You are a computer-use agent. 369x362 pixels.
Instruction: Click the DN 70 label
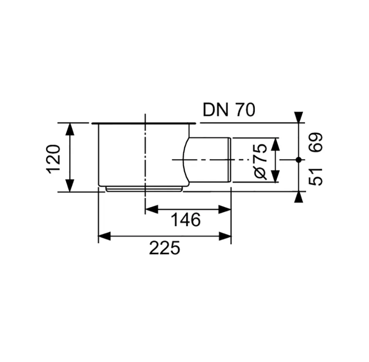[x=229, y=110]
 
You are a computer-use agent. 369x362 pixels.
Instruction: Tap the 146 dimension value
[x=186, y=220]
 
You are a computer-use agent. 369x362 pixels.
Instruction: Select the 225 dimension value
[x=165, y=248]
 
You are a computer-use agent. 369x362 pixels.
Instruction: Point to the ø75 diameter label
[x=261, y=162]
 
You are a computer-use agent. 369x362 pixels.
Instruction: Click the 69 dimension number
[x=315, y=142]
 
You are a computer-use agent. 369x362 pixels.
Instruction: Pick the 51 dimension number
[x=315, y=177]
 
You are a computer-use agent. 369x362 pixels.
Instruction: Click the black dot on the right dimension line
[x=298, y=160]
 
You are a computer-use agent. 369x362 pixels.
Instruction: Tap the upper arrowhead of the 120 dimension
[x=70, y=129]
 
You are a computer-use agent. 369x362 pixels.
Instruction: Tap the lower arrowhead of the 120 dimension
[x=70, y=186]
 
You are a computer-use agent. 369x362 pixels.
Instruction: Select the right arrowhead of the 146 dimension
[x=225, y=209]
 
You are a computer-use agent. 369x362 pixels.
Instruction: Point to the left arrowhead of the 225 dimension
[x=104, y=236]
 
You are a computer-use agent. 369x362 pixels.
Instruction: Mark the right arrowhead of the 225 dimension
[x=225, y=236]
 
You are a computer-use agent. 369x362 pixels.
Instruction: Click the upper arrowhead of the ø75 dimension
[x=275, y=144]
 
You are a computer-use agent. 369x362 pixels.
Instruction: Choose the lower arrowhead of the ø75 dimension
[x=275, y=176]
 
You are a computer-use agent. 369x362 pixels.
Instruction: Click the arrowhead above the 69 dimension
[x=299, y=117]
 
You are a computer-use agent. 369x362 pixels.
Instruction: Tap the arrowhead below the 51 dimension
[x=299, y=197]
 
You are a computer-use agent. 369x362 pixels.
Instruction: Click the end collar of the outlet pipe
[x=229, y=160]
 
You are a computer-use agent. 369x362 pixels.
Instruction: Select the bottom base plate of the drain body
[x=144, y=188]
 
